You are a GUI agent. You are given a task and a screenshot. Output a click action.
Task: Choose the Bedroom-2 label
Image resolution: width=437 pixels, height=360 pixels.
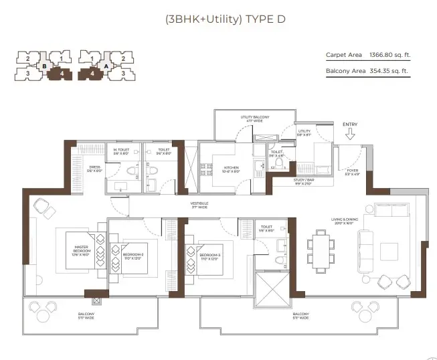[133, 256]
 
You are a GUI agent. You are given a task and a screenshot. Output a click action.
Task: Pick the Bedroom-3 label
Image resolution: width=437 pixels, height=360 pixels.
[209, 256]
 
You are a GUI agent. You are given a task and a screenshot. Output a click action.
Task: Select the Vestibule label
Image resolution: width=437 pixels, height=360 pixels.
[199, 204]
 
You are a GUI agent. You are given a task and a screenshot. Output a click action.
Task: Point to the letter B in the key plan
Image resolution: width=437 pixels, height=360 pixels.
[43, 66]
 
